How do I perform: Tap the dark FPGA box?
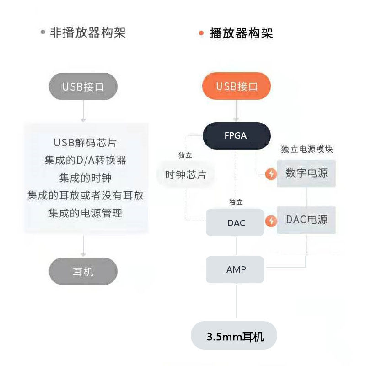[236, 135]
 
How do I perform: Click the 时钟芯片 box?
[185, 174]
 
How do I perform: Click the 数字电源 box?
[307, 173]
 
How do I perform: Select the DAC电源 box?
[307, 220]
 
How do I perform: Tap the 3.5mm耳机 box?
[235, 338]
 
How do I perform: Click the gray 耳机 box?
[83, 272]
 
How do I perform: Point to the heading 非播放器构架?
[87, 33]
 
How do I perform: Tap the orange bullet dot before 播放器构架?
[201, 33]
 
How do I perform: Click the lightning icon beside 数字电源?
[271, 174]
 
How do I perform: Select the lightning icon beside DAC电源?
[271, 221]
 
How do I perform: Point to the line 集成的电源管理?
[86, 213]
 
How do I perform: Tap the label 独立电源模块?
[307, 150]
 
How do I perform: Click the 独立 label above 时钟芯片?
[185, 156]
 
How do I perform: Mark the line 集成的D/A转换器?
[86, 160]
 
